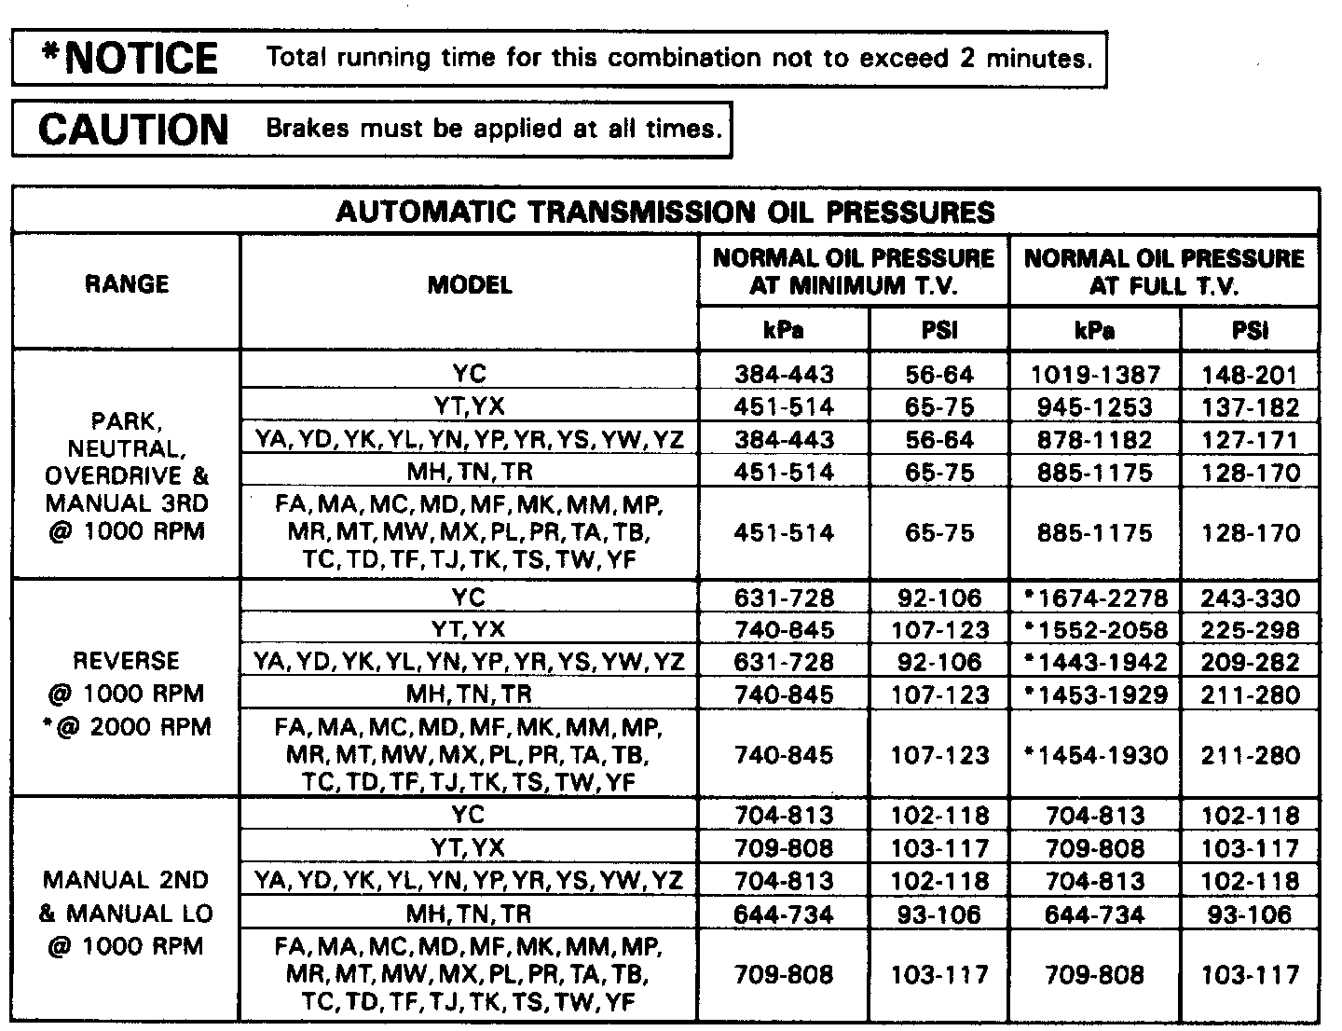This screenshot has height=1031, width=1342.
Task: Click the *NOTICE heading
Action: click(x=130, y=59)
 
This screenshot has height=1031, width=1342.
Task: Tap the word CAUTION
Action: click(x=133, y=130)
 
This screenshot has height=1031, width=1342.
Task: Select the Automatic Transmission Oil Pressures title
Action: click(x=664, y=213)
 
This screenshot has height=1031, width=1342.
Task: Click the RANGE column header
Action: click(x=127, y=283)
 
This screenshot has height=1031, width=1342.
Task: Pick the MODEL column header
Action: click(x=470, y=284)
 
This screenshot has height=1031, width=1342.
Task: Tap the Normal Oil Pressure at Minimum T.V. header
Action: click(x=853, y=271)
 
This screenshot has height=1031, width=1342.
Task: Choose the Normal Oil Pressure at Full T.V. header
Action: click(x=1164, y=271)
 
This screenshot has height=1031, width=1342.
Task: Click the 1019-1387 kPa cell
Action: click(x=1095, y=375)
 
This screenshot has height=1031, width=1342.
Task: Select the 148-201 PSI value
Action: click(x=1250, y=375)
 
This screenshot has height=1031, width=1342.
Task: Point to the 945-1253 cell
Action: click(x=1095, y=407)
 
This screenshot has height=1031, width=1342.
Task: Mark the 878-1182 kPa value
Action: click(x=1095, y=440)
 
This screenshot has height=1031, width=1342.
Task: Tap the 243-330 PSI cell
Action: click(x=1250, y=598)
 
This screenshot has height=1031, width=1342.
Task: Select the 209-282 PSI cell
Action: click(x=1250, y=663)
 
